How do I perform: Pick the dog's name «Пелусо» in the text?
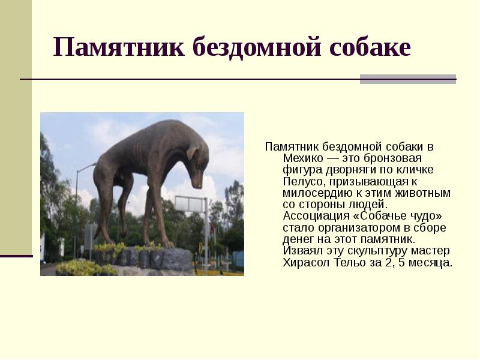pyautogui.click(x=301, y=181)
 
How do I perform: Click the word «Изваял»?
pyautogui.click(x=301, y=251)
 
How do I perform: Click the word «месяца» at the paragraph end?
pyautogui.click(x=431, y=263)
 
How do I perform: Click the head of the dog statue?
pyautogui.click(x=196, y=159)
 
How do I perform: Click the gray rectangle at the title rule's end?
pyautogui.click(x=408, y=79)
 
